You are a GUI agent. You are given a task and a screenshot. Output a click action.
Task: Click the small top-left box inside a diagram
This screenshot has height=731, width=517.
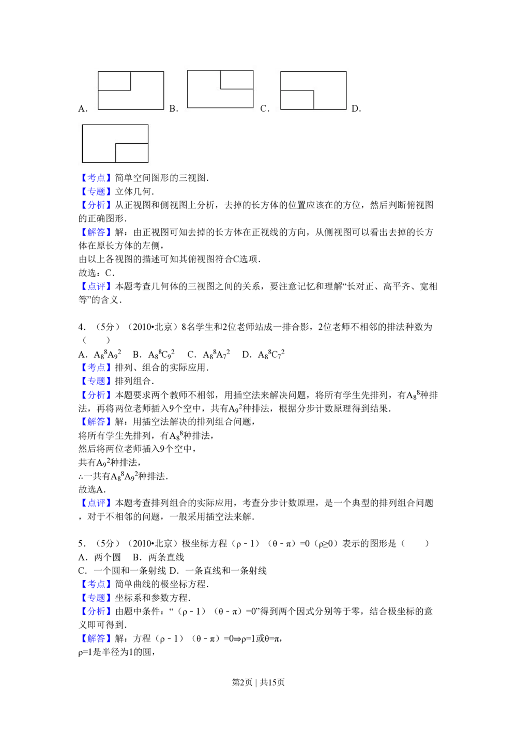pyautogui.click(x=114, y=81)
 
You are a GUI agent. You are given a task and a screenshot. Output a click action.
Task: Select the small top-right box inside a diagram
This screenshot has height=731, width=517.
pyautogui.click(x=237, y=80)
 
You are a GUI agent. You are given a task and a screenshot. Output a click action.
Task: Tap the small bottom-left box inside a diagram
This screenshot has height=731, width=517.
pyautogui.click(x=297, y=100)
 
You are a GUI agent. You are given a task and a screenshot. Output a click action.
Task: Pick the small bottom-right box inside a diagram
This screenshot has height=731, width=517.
pyautogui.click(x=131, y=153)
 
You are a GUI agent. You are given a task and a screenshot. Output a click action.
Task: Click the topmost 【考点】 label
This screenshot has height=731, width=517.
pyautogui.click(x=96, y=178)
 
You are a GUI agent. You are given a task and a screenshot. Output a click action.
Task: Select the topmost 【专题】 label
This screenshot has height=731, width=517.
pyautogui.click(x=96, y=192)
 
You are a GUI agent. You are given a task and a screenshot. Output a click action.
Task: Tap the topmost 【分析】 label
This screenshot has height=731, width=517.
pyautogui.click(x=96, y=205)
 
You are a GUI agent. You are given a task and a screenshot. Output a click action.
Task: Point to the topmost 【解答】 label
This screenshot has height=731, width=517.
pyautogui.click(x=96, y=233)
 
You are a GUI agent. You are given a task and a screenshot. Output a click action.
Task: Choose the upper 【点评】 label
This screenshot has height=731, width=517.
pyautogui.click(x=96, y=287)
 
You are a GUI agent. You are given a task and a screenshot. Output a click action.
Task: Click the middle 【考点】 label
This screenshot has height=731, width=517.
pyautogui.click(x=96, y=368)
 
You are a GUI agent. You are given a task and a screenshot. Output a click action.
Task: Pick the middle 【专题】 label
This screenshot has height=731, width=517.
pyautogui.click(x=96, y=382)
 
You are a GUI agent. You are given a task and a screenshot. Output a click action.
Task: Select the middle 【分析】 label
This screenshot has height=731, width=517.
pyautogui.click(x=96, y=395)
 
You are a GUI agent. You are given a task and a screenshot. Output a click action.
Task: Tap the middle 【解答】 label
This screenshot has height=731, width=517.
pyautogui.click(x=96, y=421)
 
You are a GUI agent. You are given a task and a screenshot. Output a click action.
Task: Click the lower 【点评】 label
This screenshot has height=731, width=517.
pyautogui.click(x=96, y=502)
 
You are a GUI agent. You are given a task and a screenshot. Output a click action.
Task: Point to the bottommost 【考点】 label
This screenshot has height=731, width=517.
pyautogui.click(x=96, y=584)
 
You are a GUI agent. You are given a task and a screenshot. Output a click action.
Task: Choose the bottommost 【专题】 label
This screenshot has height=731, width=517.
pyautogui.click(x=96, y=598)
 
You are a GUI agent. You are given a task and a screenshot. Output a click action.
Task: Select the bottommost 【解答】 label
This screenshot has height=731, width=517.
pyautogui.click(x=96, y=639)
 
